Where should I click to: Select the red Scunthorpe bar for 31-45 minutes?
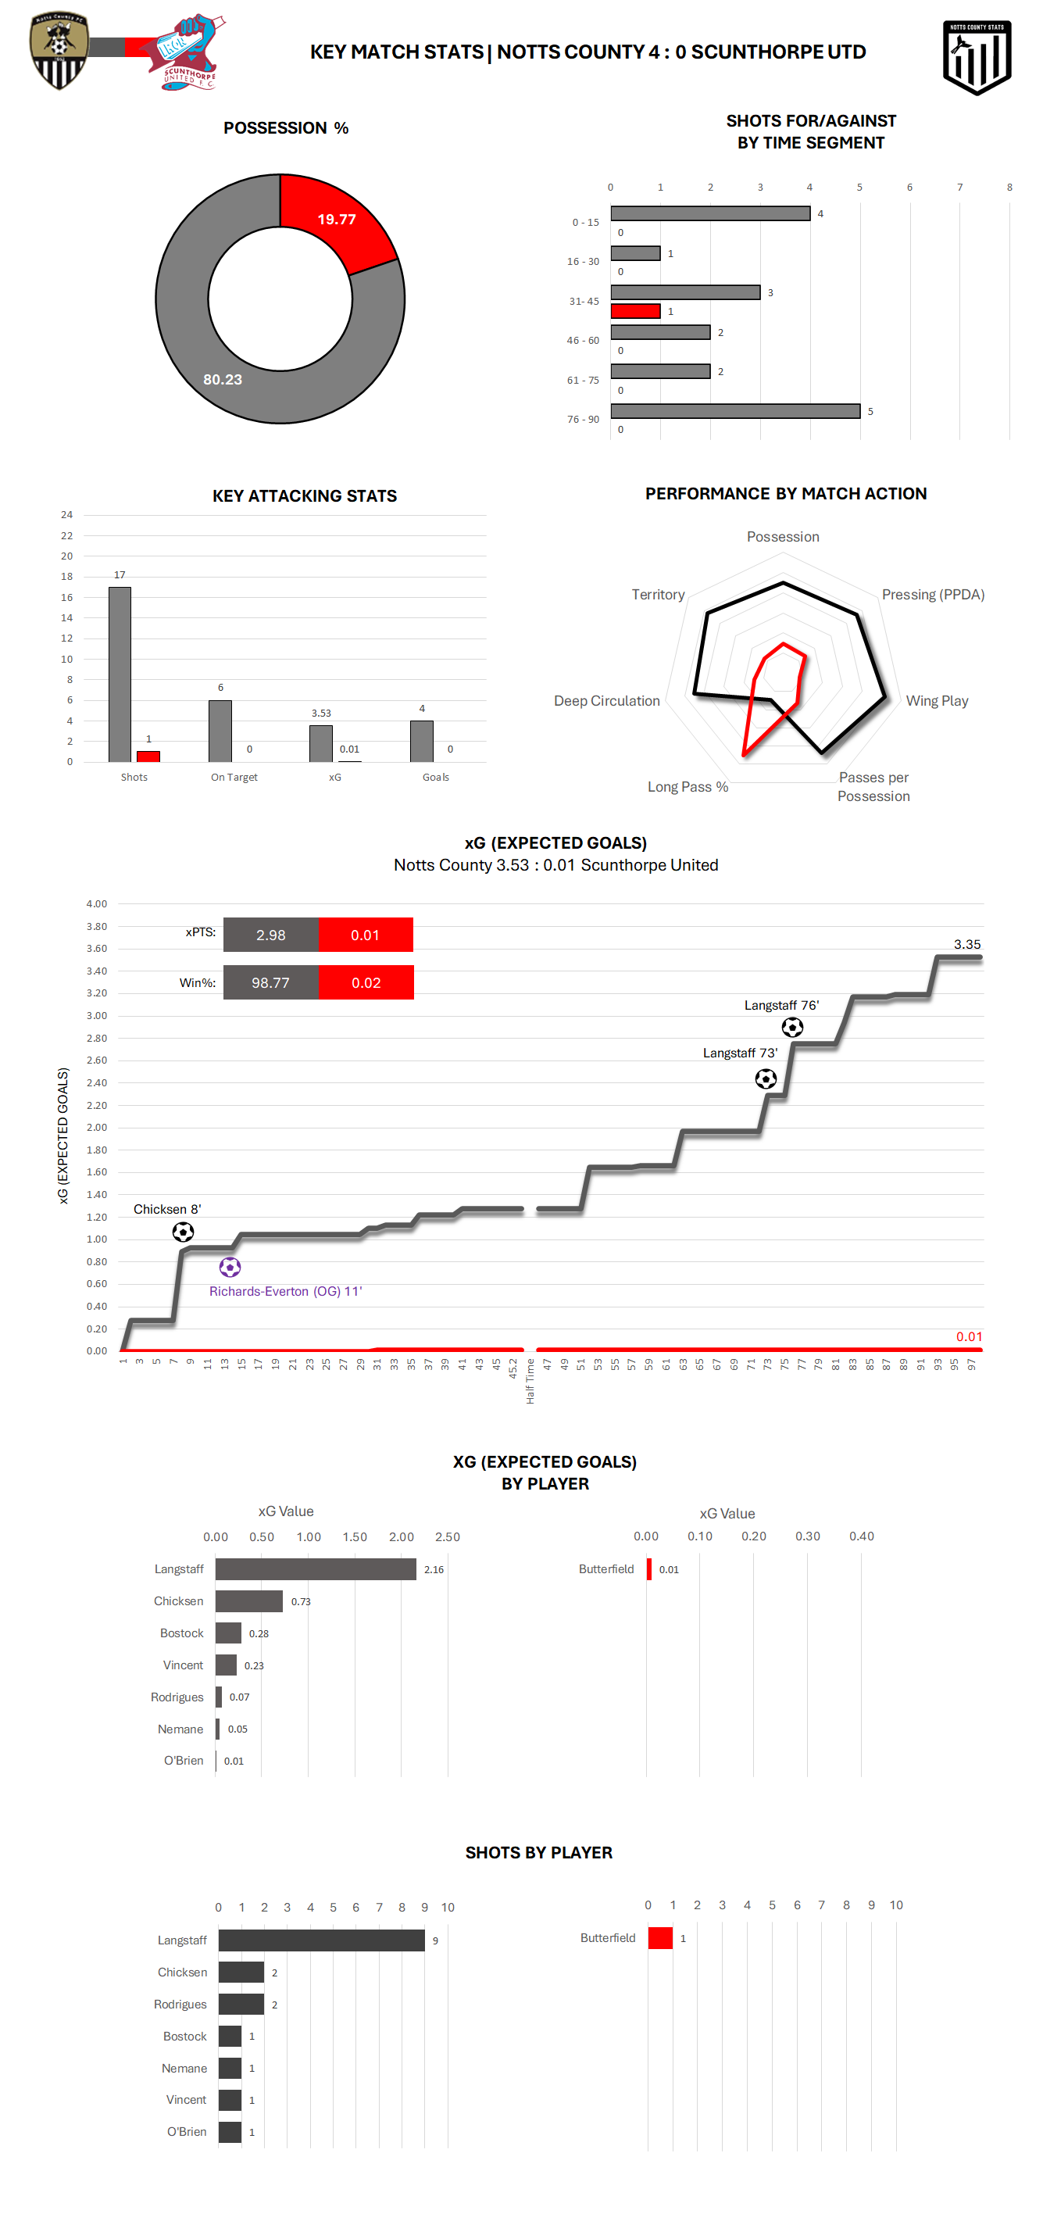click(x=635, y=311)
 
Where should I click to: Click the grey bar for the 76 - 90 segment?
click(x=734, y=412)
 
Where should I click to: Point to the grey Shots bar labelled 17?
click(x=120, y=674)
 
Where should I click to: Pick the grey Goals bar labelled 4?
click(x=421, y=741)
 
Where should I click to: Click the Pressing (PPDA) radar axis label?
click(x=932, y=595)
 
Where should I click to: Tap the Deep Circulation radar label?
click(x=606, y=701)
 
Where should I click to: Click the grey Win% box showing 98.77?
click(x=270, y=982)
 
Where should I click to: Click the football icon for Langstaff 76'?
click(x=792, y=1027)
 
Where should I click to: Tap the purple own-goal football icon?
click(x=230, y=1267)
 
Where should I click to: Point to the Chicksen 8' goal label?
click(x=166, y=1209)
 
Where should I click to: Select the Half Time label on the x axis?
click(x=530, y=1381)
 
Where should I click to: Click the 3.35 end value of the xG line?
click(x=966, y=945)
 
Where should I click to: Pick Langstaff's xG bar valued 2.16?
click(x=316, y=1569)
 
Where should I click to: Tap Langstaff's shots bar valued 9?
click(x=321, y=1940)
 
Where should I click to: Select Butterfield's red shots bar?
click(x=660, y=1938)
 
